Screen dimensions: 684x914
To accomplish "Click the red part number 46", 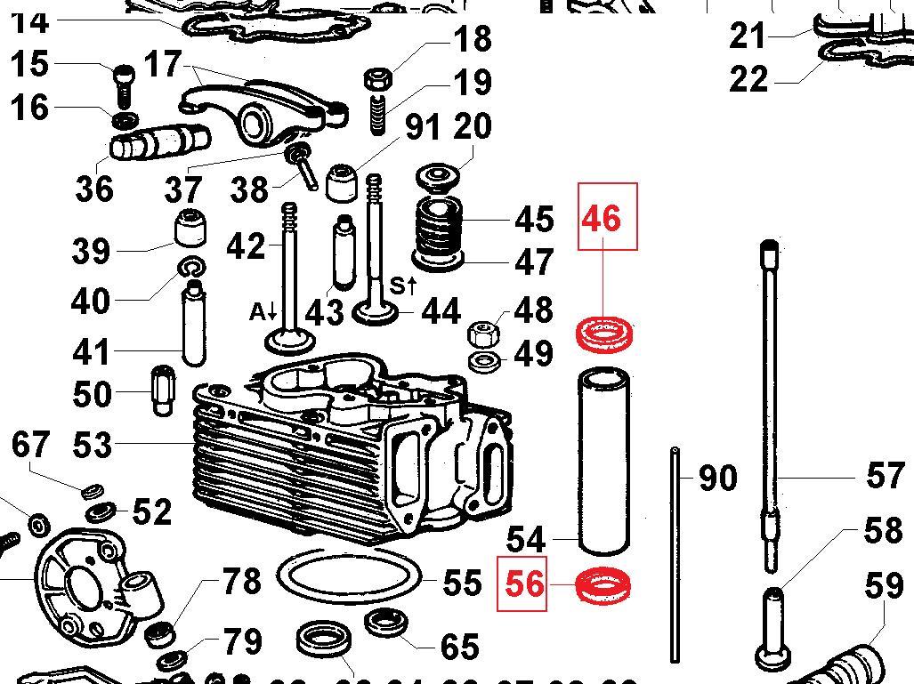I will [x=601, y=218].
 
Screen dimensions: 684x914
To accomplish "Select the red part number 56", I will [x=524, y=584].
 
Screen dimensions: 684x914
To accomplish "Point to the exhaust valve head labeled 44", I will [x=376, y=312].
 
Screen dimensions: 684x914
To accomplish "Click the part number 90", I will [x=717, y=478].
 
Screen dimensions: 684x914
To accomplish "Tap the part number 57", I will [x=885, y=476].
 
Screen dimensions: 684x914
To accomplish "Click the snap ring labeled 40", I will [x=191, y=266].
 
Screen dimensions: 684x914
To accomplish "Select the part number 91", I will [x=422, y=127].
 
